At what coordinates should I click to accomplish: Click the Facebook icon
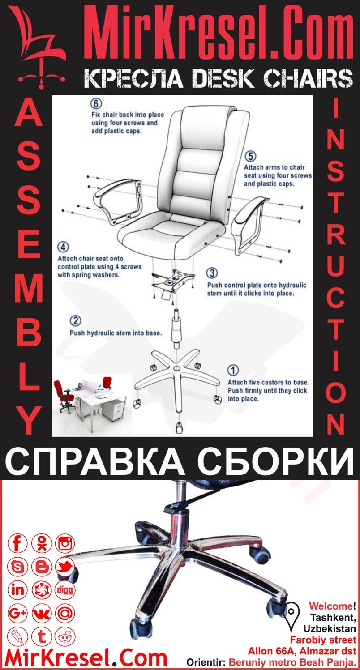(18, 544)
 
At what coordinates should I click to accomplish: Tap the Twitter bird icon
(65, 567)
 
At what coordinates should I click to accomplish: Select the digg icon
(65, 590)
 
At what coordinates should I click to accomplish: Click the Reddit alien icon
(65, 636)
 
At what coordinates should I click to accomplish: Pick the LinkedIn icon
(18, 590)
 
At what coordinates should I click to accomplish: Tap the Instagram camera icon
(65, 544)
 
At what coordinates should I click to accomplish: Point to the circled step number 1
(233, 371)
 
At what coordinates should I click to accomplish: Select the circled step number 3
(213, 273)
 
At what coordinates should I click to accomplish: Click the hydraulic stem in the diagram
(176, 329)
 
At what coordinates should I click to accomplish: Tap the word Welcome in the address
(330, 607)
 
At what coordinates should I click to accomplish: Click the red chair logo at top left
(38, 49)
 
